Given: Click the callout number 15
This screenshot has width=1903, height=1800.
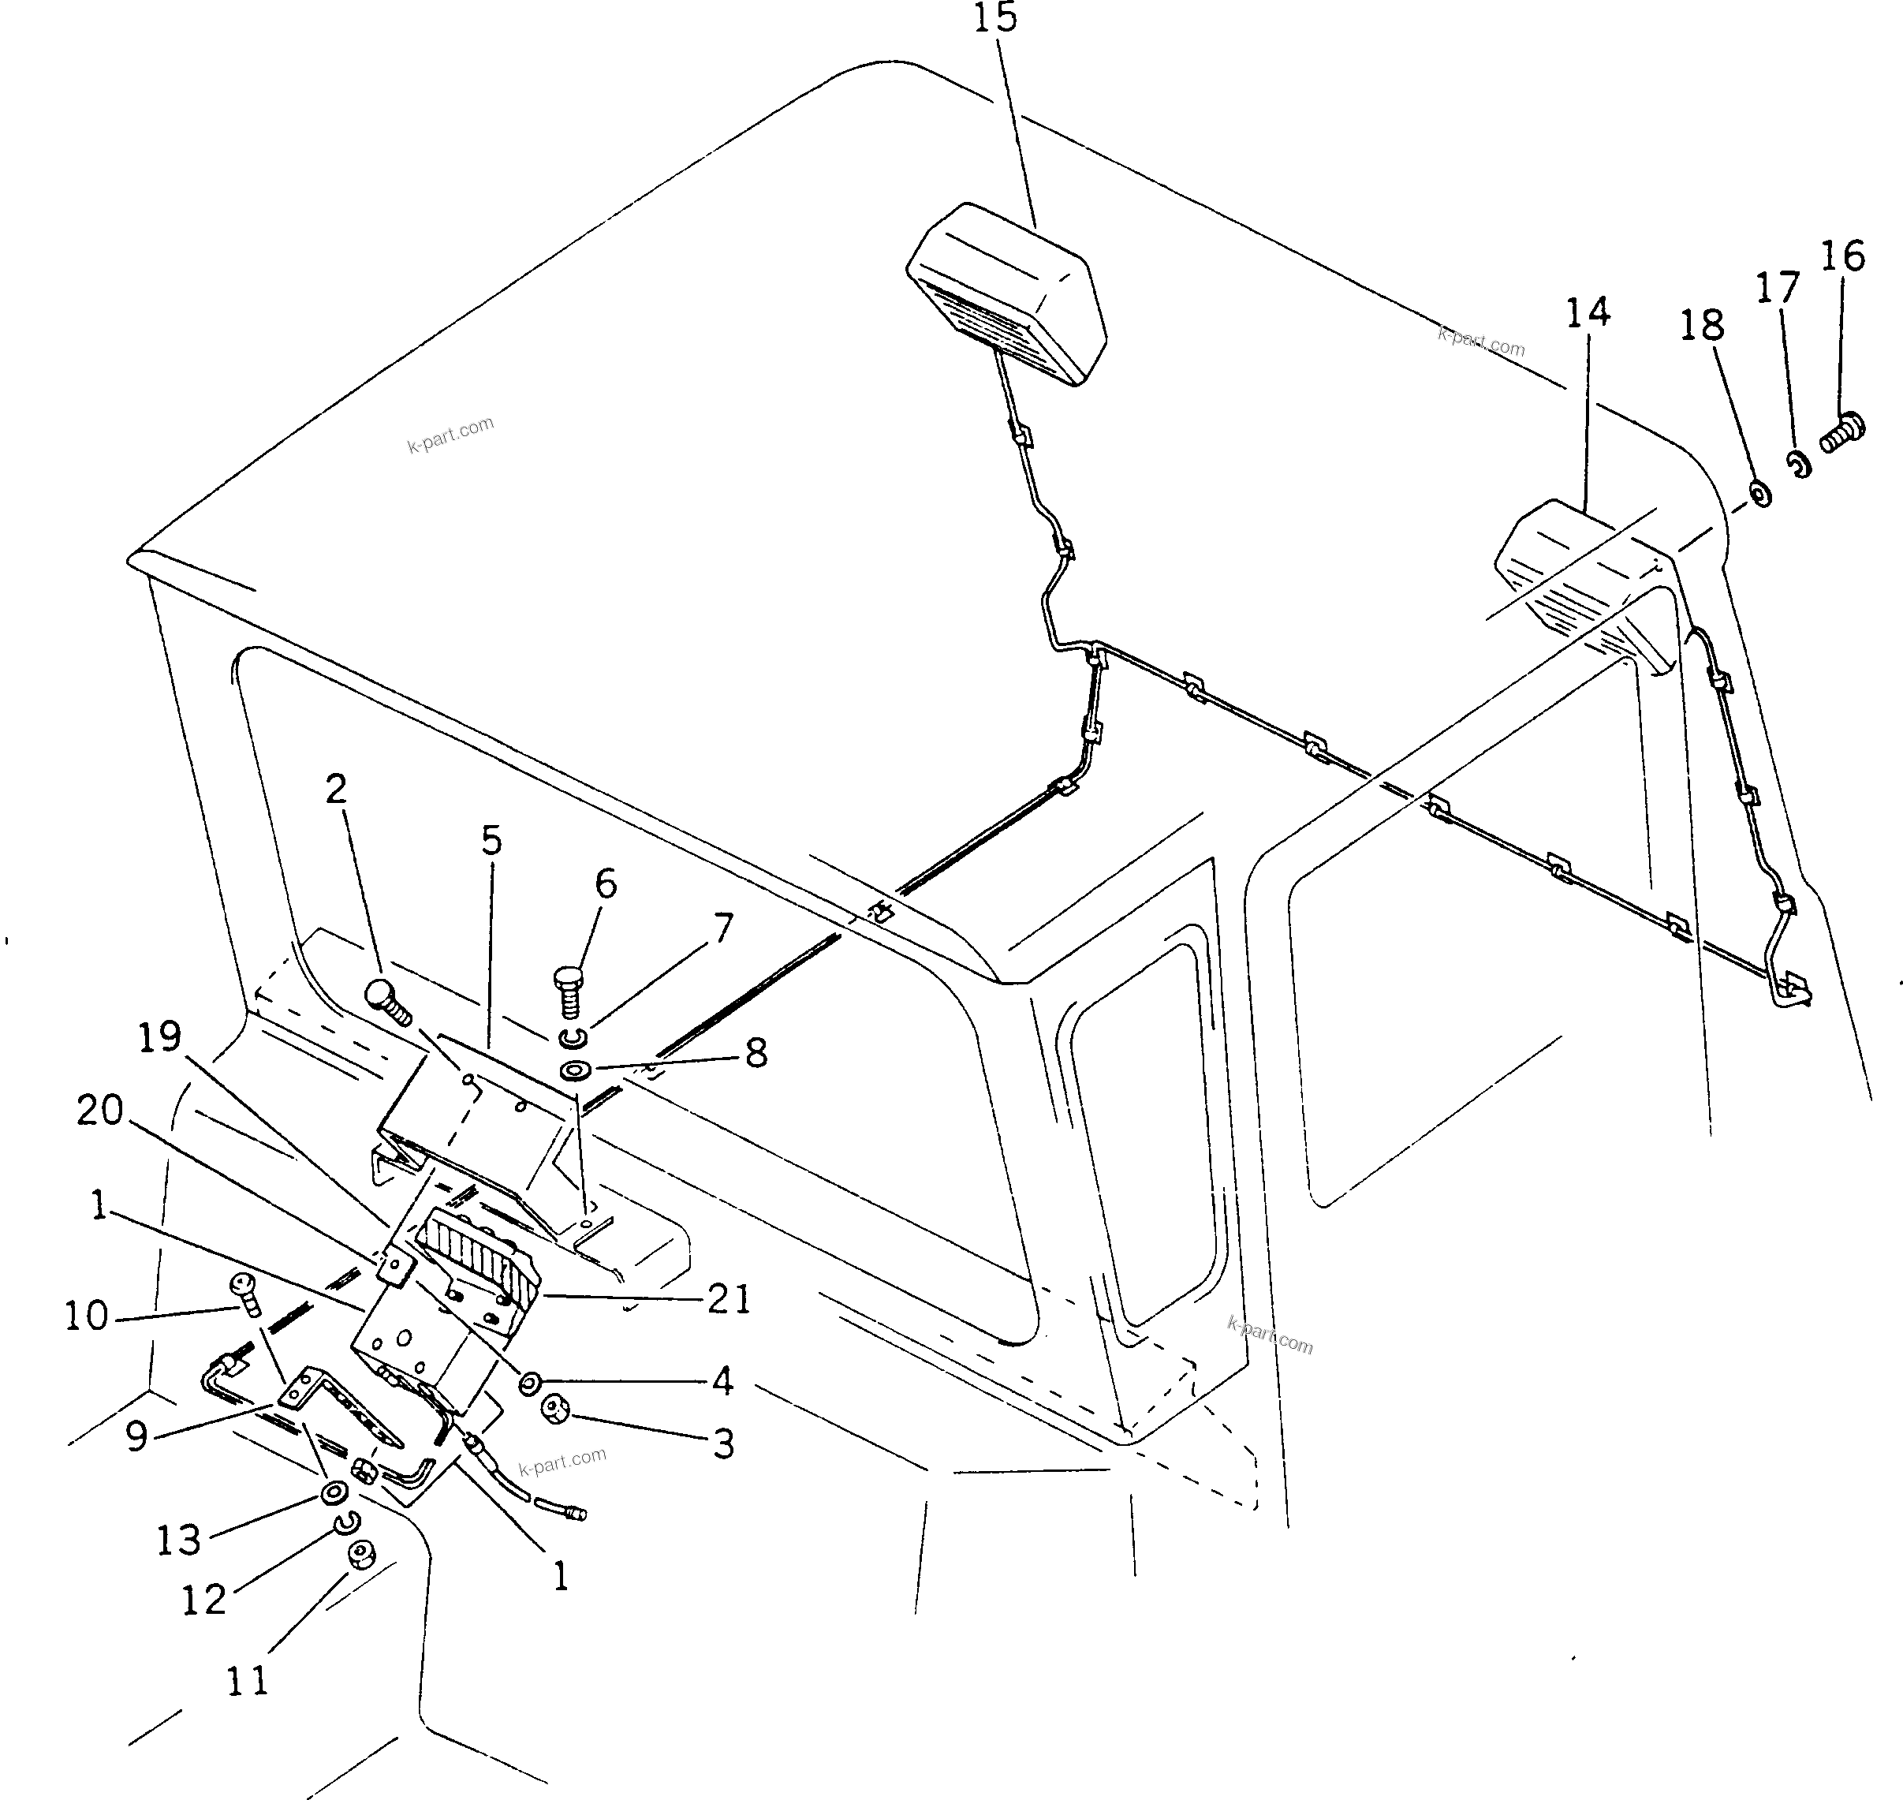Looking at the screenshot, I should (994, 18).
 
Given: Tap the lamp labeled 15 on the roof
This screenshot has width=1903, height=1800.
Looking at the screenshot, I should (1006, 292).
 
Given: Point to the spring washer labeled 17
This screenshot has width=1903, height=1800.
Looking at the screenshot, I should (1797, 464).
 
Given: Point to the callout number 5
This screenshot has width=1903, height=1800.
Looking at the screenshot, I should (491, 841).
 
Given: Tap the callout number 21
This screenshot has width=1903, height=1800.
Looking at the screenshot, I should (729, 1299).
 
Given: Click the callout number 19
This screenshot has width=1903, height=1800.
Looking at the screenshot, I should (159, 1037).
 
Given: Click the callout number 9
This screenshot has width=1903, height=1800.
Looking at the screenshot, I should (136, 1436).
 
